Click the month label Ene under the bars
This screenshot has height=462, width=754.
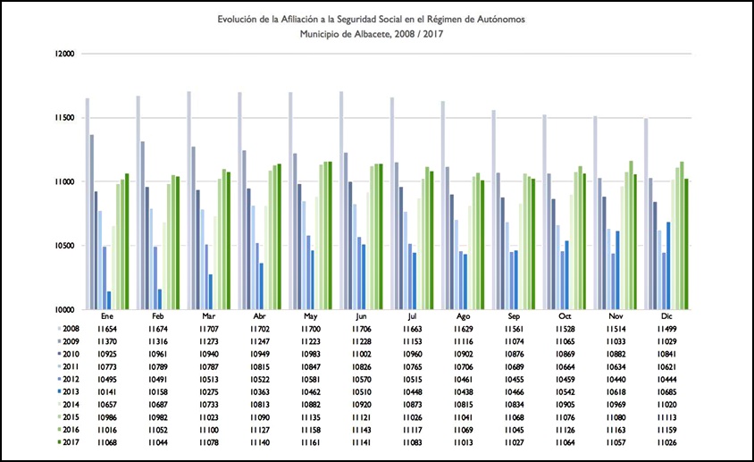pos(107,316)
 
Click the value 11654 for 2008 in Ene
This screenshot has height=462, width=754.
pos(107,329)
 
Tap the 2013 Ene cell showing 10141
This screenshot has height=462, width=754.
pos(107,391)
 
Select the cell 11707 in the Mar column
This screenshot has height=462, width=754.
pos(208,329)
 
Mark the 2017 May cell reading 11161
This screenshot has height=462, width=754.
pos(310,441)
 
